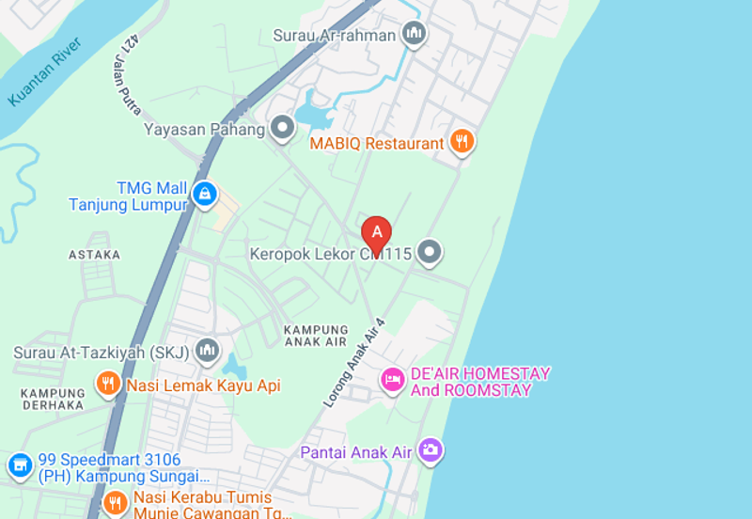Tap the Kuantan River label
[45, 71]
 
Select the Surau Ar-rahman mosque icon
[414, 35]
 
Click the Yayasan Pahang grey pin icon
[282, 129]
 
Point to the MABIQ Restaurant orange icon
[461, 143]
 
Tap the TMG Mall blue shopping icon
[204, 195]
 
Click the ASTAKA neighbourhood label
[94, 255]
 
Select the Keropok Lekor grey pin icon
[430, 253]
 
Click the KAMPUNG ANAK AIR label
[316, 336]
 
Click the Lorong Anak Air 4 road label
[355, 362]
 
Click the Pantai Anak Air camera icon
[431, 451]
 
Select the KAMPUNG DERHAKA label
[53, 399]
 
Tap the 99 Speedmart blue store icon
[19, 464]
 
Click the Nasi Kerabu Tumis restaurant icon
[115, 502]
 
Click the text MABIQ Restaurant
[377, 144]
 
